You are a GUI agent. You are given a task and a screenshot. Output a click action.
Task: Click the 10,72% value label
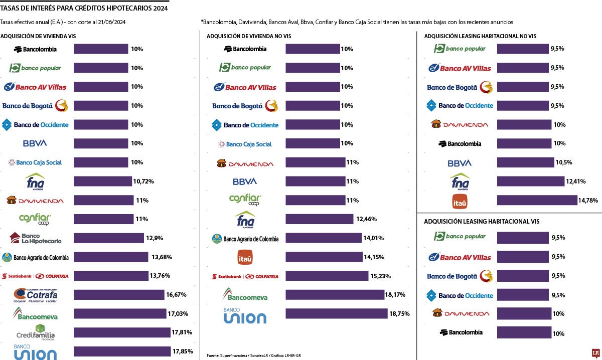(x=143, y=181)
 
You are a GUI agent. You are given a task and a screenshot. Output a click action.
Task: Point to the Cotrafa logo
(x=35, y=295)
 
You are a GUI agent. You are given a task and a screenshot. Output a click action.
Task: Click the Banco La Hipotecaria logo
(x=35, y=238)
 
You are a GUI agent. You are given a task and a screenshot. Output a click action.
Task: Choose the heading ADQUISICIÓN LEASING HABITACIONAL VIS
(x=485, y=221)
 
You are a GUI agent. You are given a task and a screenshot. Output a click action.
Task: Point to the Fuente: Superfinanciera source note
(x=253, y=355)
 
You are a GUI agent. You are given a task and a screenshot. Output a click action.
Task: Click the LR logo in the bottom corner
(x=595, y=353)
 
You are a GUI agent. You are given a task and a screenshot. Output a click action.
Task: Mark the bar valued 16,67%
(x=119, y=295)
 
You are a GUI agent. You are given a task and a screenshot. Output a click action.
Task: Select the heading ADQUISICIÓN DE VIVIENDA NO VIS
(x=249, y=36)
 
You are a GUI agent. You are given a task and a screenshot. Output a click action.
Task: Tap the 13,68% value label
(x=162, y=257)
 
